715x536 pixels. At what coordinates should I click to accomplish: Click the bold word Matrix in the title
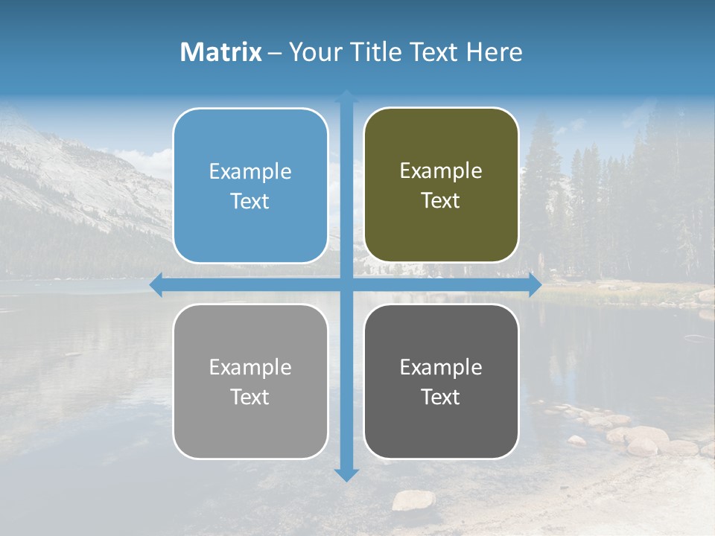tap(221, 52)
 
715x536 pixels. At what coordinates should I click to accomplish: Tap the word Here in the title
tap(494, 52)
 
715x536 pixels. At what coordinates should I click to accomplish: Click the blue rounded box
tap(250, 185)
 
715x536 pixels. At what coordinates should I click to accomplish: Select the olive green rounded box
tap(441, 185)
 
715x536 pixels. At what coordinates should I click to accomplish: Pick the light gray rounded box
tap(250, 381)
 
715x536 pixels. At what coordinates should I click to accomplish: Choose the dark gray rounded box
tap(441, 381)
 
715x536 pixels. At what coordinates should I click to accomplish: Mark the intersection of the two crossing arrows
tap(346, 284)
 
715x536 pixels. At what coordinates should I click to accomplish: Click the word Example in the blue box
tap(250, 172)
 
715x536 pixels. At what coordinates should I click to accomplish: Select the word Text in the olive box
tap(441, 201)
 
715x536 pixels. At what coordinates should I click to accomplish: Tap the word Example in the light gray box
tap(250, 368)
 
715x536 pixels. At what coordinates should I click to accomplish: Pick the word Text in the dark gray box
tap(441, 398)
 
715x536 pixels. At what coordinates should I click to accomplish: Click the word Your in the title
tap(311, 52)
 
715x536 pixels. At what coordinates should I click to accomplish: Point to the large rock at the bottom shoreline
tap(413, 500)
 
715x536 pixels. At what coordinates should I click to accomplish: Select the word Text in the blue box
tap(250, 202)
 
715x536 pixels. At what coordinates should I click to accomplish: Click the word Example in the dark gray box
tap(441, 368)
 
